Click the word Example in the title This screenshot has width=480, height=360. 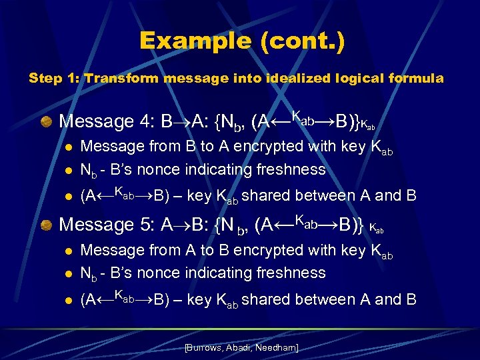click(x=195, y=41)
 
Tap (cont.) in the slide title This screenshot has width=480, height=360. click(x=303, y=41)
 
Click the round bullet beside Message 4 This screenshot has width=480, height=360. click(x=45, y=121)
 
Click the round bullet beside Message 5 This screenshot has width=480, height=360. click(x=45, y=225)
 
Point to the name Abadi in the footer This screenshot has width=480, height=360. click(x=241, y=348)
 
